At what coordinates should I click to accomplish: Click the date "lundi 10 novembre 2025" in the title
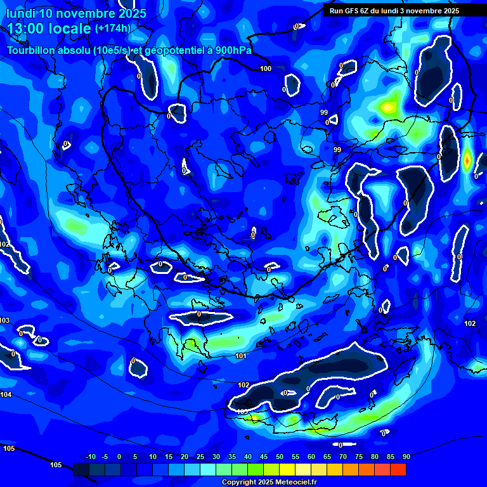point(76,13)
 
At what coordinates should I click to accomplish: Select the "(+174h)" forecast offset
point(113,28)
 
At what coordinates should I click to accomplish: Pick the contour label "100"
point(266,68)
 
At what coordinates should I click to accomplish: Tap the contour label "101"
point(241,356)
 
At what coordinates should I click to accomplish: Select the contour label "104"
point(6,394)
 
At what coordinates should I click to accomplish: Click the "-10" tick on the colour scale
point(90,457)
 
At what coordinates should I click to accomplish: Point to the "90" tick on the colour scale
point(406,457)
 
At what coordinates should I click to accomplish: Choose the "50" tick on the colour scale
point(280,457)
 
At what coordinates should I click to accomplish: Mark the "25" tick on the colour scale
point(200,457)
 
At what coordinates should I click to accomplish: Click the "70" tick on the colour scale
point(343,457)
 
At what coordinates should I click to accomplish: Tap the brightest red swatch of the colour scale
point(398,469)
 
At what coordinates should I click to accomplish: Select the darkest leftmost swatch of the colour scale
point(81,469)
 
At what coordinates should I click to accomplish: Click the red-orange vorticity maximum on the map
point(467,160)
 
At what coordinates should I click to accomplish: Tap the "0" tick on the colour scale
point(119,457)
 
